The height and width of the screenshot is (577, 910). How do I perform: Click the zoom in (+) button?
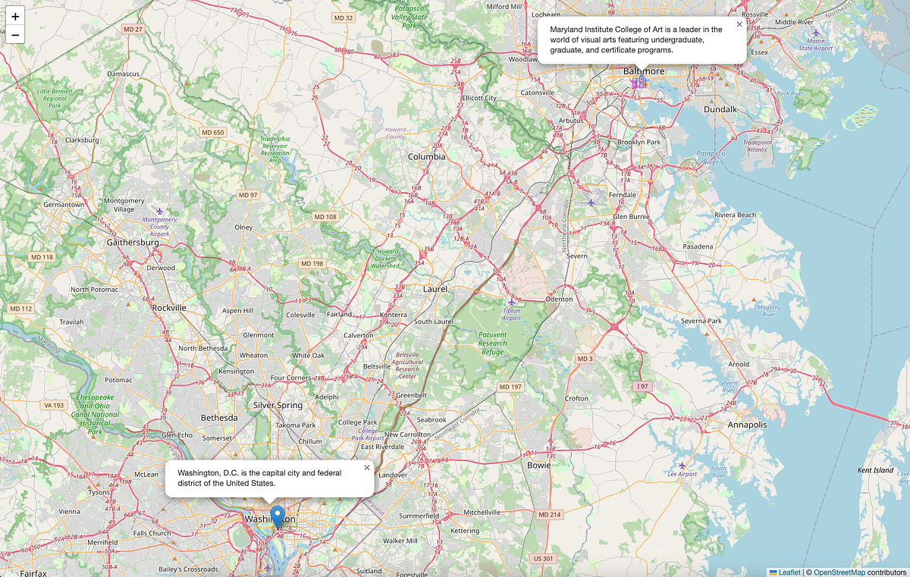click(x=15, y=16)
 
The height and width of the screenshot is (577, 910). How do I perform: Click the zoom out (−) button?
click(x=15, y=34)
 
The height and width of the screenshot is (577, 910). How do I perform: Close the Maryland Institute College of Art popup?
click(x=739, y=24)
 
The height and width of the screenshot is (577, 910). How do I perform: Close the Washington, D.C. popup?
click(x=367, y=468)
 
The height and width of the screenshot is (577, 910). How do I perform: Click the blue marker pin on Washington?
click(x=278, y=516)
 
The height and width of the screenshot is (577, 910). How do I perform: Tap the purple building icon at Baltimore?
click(x=639, y=81)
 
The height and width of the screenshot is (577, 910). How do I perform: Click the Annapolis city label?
click(x=747, y=425)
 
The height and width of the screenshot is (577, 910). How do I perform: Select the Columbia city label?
click(x=427, y=157)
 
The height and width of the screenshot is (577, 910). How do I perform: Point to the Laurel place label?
click(x=435, y=289)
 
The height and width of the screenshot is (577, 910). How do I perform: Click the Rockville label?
click(x=169, y=308)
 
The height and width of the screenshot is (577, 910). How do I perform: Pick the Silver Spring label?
click(x=278, y=405)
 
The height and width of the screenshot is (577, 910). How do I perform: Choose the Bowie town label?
click(x=539, y=465)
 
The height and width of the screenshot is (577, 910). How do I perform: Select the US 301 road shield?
click(x=544, y=558)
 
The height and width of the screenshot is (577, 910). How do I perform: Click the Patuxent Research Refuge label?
click(x=492, y=343)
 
